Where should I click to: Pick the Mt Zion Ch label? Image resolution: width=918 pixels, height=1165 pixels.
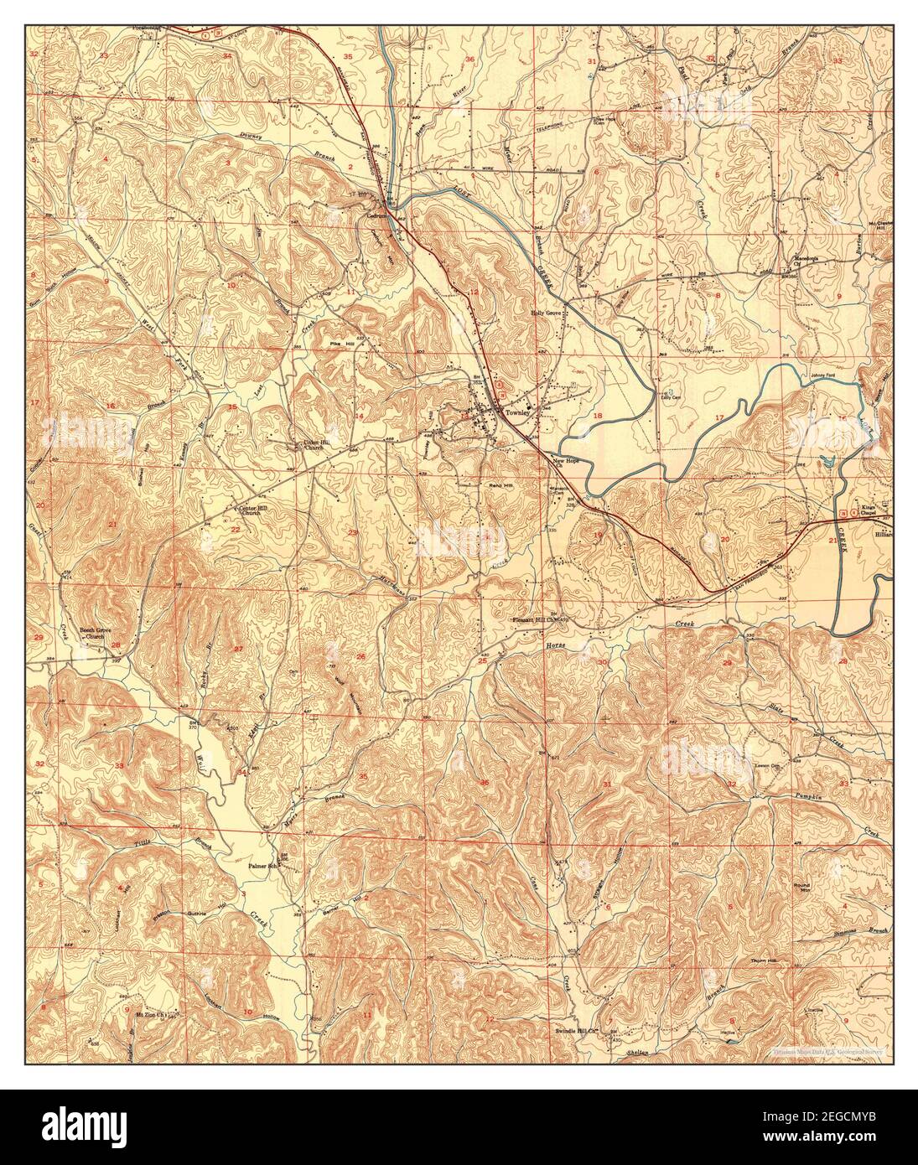pos(148,1015)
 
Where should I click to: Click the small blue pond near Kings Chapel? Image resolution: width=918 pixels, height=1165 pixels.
pos(828,460)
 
